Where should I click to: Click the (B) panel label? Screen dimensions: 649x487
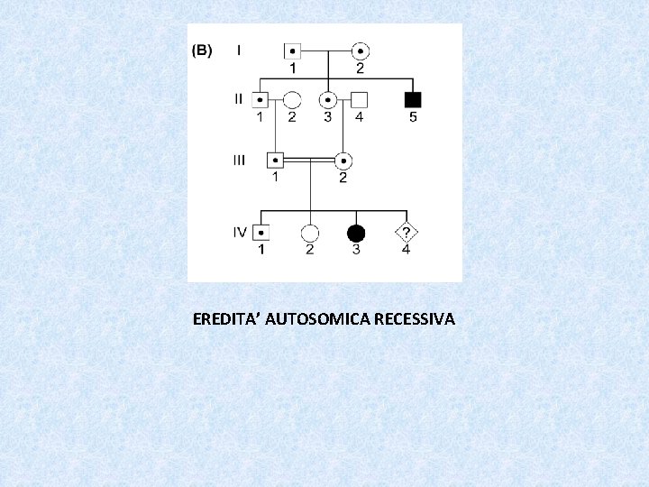click(202, 51)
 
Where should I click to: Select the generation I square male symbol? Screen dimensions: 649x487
click(293, 51)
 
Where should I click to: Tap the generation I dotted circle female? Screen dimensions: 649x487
click(360, 51)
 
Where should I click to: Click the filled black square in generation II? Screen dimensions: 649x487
click(413, 98)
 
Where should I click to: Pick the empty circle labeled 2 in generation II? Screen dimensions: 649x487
click(291, 98)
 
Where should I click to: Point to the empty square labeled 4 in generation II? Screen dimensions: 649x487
click(359, 98)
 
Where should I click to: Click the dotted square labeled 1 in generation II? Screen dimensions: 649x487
click(261, 98)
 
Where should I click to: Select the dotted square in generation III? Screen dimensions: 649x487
click(276, 161)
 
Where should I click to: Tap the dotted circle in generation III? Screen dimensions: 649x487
click(343, 161)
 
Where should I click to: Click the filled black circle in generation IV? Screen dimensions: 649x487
click(356, 232)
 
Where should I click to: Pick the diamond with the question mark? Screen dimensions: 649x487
click(406, 232)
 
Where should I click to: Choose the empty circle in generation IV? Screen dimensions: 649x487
click(310, 232)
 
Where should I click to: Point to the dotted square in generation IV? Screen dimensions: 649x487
click(261, 232)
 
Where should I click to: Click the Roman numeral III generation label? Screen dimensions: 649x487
click(239, 161)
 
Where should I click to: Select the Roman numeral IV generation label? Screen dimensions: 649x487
click(240, 232)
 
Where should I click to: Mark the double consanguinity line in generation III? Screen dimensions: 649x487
click(309, 160)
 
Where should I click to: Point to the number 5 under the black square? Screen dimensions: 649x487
click(413, 116)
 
